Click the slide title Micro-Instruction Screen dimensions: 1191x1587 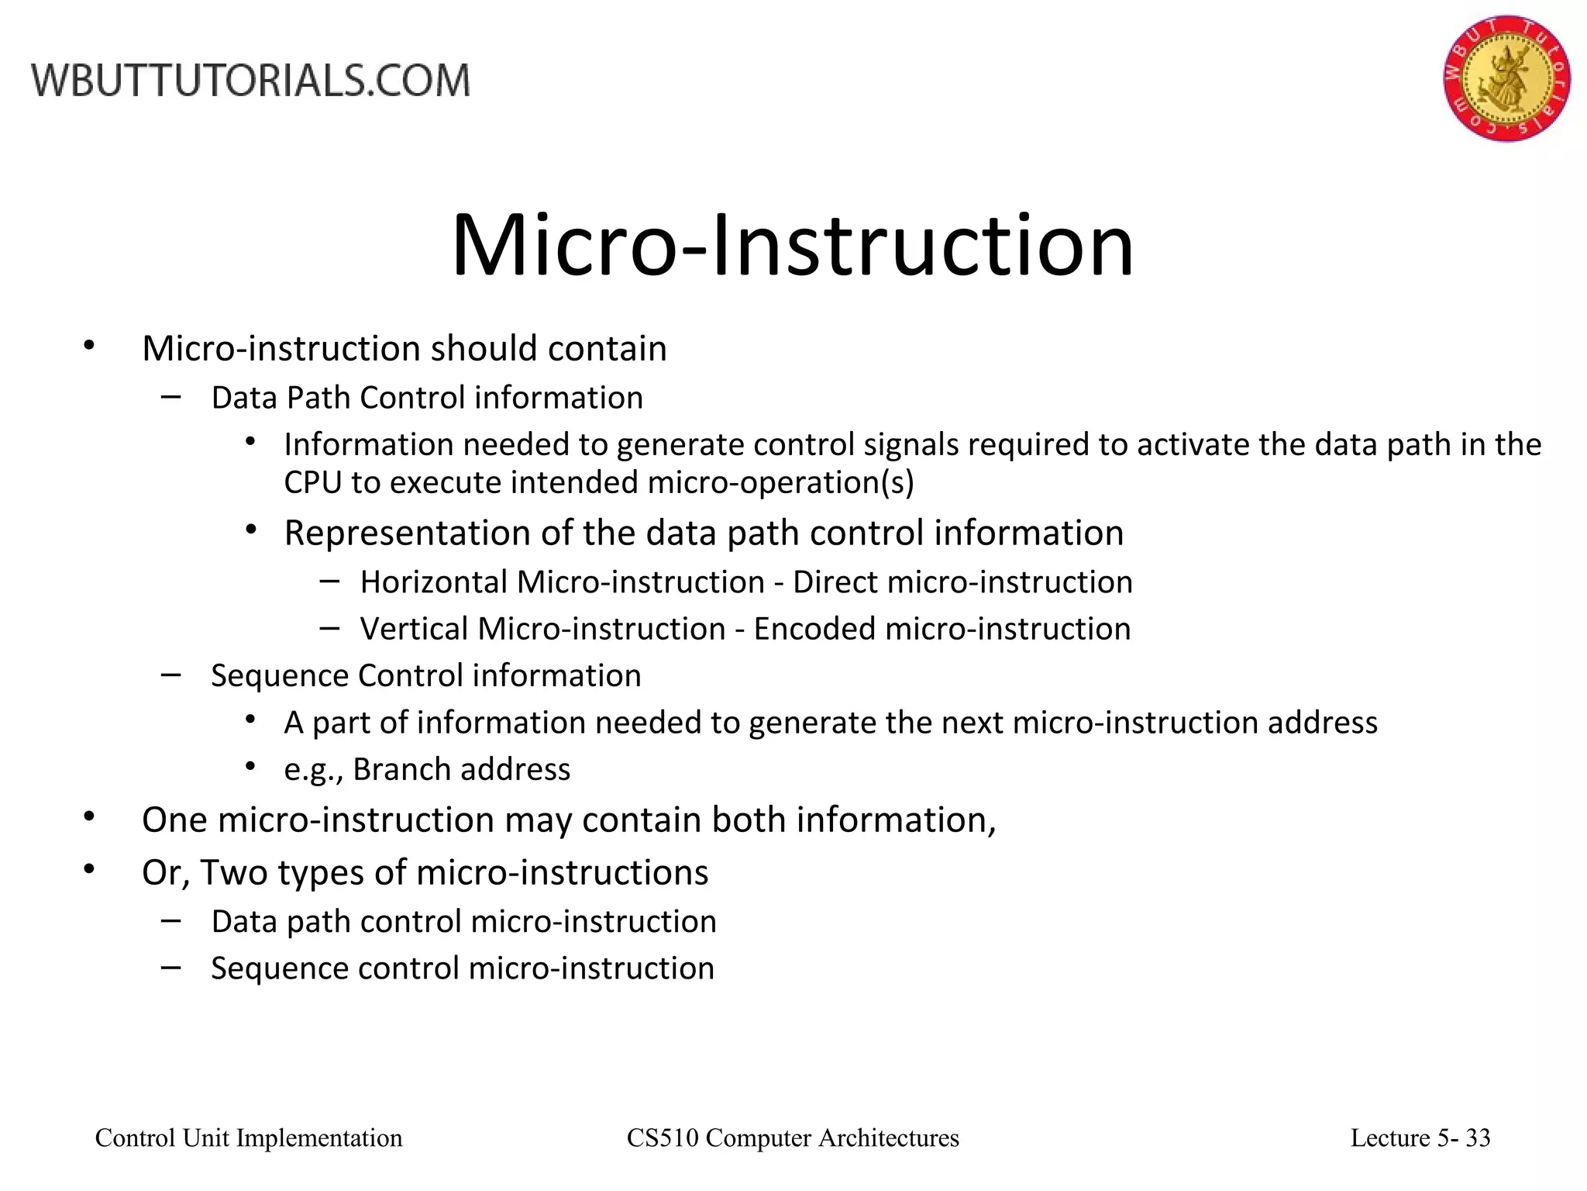click(792, 247)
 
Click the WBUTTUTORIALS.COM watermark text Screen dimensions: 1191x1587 click(250, 81)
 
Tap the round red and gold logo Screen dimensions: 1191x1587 click(1506, 78)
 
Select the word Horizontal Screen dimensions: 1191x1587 click(434, 582)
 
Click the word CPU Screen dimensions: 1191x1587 click(312, 482)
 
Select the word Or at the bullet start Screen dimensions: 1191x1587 click(165, 873)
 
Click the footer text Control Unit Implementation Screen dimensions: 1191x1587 click(249, 1138)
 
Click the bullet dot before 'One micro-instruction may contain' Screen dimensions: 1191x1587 click(89, 816)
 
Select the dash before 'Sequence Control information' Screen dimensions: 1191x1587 click(170, 675)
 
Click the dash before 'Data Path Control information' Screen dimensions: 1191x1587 click(170, 396)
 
